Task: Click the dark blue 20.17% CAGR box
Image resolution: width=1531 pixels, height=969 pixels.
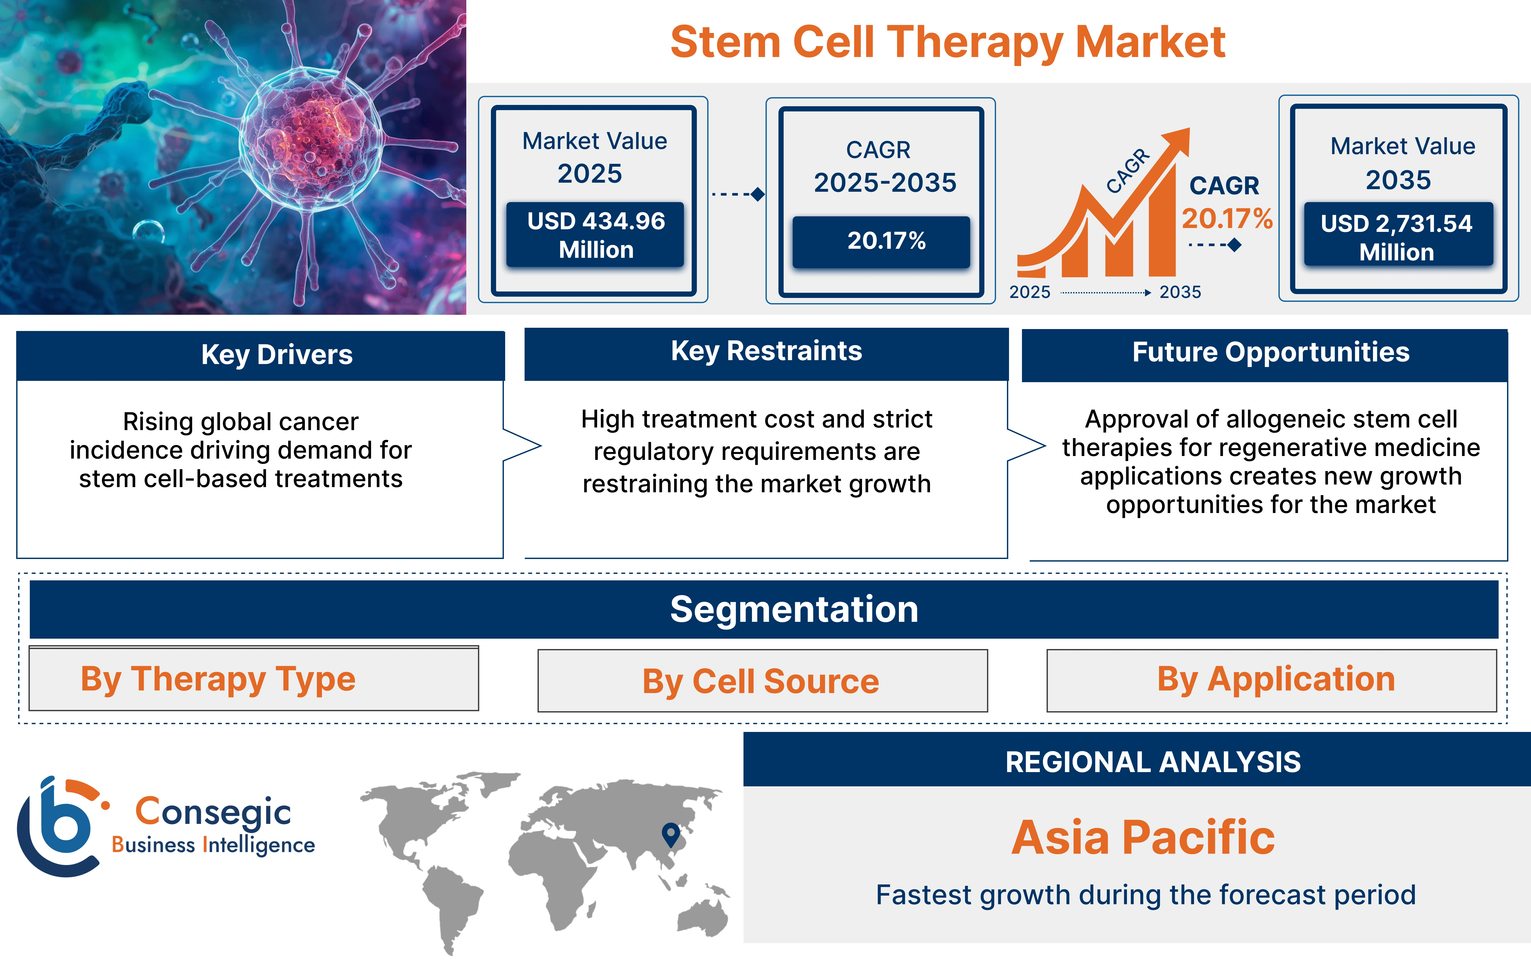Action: click(x=881, y=241)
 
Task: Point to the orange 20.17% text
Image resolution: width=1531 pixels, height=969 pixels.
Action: click(x=1226, y=219)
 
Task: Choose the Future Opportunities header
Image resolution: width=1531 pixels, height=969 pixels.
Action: click(x=1270, y=352)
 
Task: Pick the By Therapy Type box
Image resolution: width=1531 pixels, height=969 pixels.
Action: click(x=254, y=679)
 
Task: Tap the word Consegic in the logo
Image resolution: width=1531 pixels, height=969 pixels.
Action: click(x=213, y=812)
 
